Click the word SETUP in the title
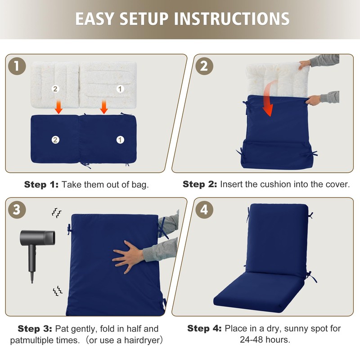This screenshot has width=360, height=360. point(144,18)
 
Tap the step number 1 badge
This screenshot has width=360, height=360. point(17,66)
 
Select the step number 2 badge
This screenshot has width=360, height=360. point(204,66)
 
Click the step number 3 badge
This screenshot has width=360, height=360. point(17,210)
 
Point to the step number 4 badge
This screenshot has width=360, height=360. point(204,210)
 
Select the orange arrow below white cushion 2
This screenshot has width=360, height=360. point(58,107)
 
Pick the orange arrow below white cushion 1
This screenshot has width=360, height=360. point(104,107)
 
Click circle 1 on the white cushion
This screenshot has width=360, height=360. point(120,89)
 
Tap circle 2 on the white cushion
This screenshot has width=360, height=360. point(55,89)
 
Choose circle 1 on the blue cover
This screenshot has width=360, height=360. point(120,139)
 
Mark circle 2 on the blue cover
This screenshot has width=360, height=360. point(55,139)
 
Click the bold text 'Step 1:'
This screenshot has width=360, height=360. point(41,184)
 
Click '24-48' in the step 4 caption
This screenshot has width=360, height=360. point(250,340)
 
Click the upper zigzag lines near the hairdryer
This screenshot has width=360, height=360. point(57,213)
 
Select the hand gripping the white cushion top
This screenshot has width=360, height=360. point(305,64)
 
